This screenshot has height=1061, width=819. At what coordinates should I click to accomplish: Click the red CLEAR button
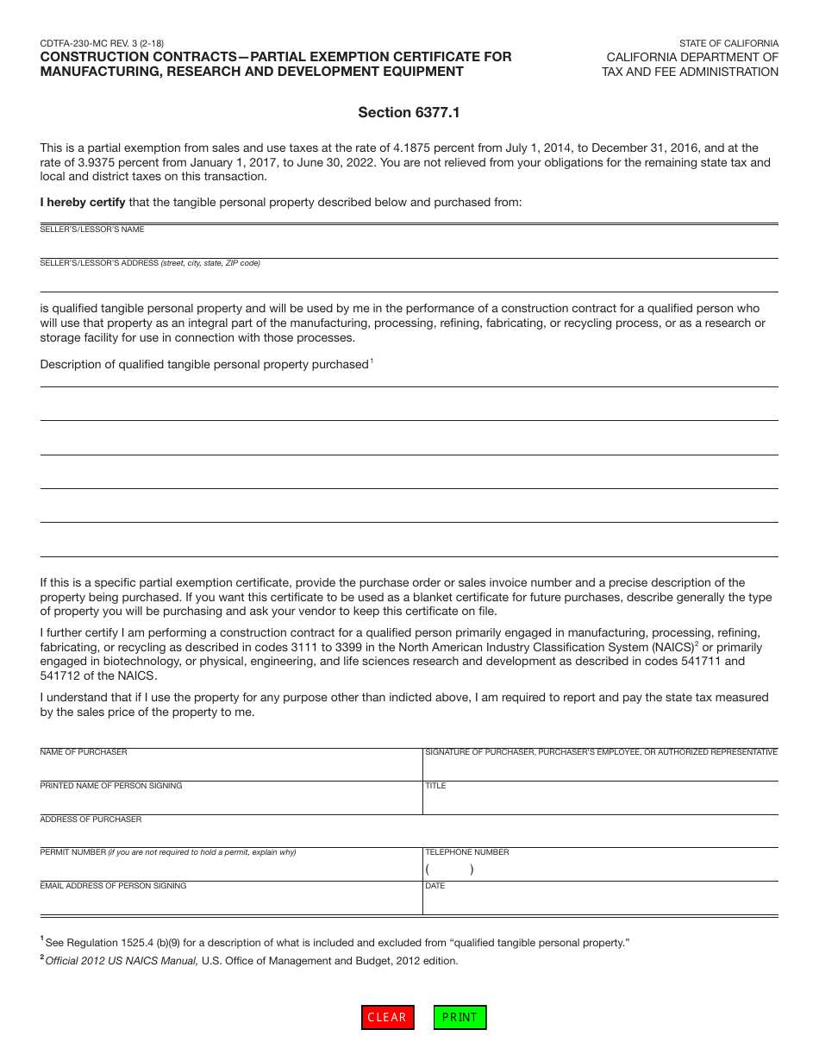[x=387, y=1017]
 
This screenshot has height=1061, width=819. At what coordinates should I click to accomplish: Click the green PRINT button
[x=460, y=1017]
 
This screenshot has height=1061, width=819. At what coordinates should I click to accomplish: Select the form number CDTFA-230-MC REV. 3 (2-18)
[x=102, y=43]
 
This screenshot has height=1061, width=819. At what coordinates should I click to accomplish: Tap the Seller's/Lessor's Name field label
[x=92, y=229]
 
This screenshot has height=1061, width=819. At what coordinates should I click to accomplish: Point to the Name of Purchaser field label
[x=84, y=752]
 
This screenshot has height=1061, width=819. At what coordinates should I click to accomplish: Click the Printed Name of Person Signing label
[x=111, y=786]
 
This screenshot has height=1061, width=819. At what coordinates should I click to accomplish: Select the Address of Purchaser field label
[x=91, y=819]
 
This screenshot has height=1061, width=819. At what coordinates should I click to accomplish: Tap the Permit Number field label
[x=73, y=852]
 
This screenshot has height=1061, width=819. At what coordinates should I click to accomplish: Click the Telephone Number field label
[x=467, y=852]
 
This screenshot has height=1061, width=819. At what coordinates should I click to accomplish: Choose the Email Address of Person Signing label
[x=113, y=886]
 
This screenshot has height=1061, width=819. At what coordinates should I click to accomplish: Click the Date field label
[x=435, y=886]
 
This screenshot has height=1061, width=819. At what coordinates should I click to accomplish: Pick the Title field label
[x=435, y=786]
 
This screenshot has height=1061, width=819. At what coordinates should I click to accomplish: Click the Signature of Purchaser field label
[x=601, y=752]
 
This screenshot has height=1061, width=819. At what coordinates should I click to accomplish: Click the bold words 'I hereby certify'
[x=83, y=203]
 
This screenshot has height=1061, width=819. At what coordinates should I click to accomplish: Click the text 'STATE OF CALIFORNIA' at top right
[x=728, y=43]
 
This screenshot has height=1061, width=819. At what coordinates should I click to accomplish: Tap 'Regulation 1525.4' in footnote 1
[x=111, y=943]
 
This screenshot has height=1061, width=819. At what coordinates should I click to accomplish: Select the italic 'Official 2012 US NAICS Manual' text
[x=122, y=961]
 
